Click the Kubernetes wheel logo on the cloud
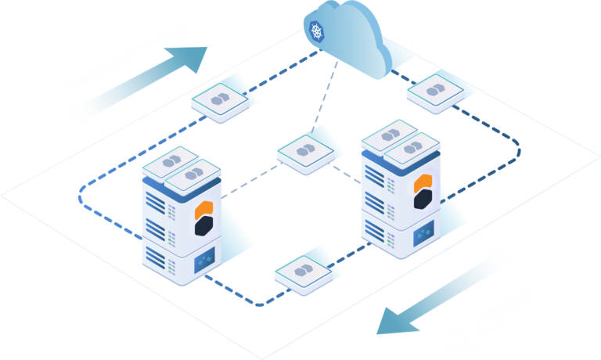316,32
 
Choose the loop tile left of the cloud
221,100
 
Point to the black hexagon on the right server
424,202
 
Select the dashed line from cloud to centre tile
328,97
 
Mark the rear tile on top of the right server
388,136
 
